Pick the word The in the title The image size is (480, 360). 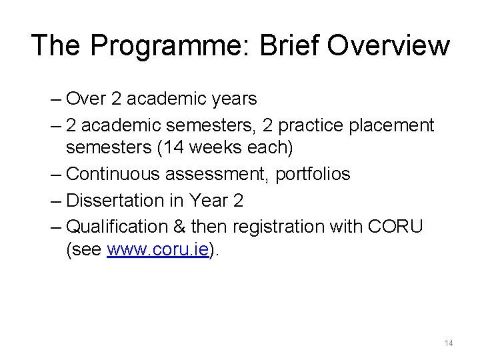pos(56,45)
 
